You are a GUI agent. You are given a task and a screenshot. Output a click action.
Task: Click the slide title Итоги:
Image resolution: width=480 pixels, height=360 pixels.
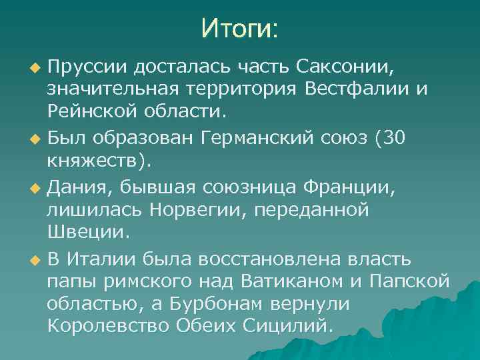(x=240, y=29)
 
